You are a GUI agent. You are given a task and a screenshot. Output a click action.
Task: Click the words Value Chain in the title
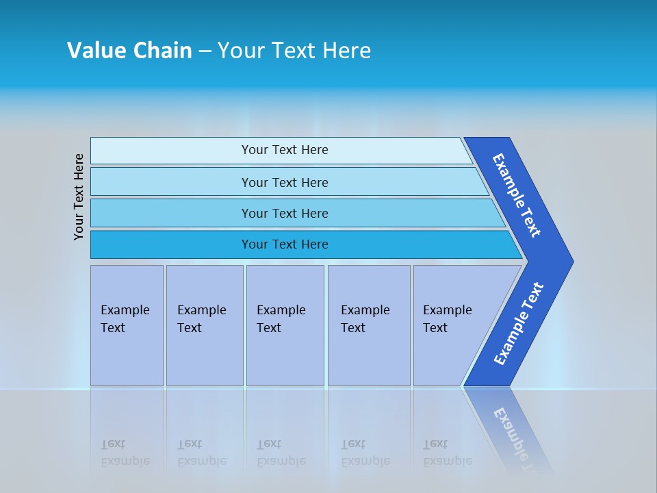129,51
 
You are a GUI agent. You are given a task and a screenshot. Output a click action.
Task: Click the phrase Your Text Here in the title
294,51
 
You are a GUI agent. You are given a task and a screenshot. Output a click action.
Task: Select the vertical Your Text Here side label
79,197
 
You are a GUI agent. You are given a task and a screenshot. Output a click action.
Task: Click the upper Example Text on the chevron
517,195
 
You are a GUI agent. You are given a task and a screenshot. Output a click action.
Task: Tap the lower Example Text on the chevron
519,324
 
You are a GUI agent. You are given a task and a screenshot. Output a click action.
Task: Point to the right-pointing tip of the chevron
569,262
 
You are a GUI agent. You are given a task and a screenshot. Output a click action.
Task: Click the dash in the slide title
205,51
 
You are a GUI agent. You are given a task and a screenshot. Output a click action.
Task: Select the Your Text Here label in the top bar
285,150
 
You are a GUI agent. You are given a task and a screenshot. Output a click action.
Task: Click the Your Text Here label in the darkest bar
285,244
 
